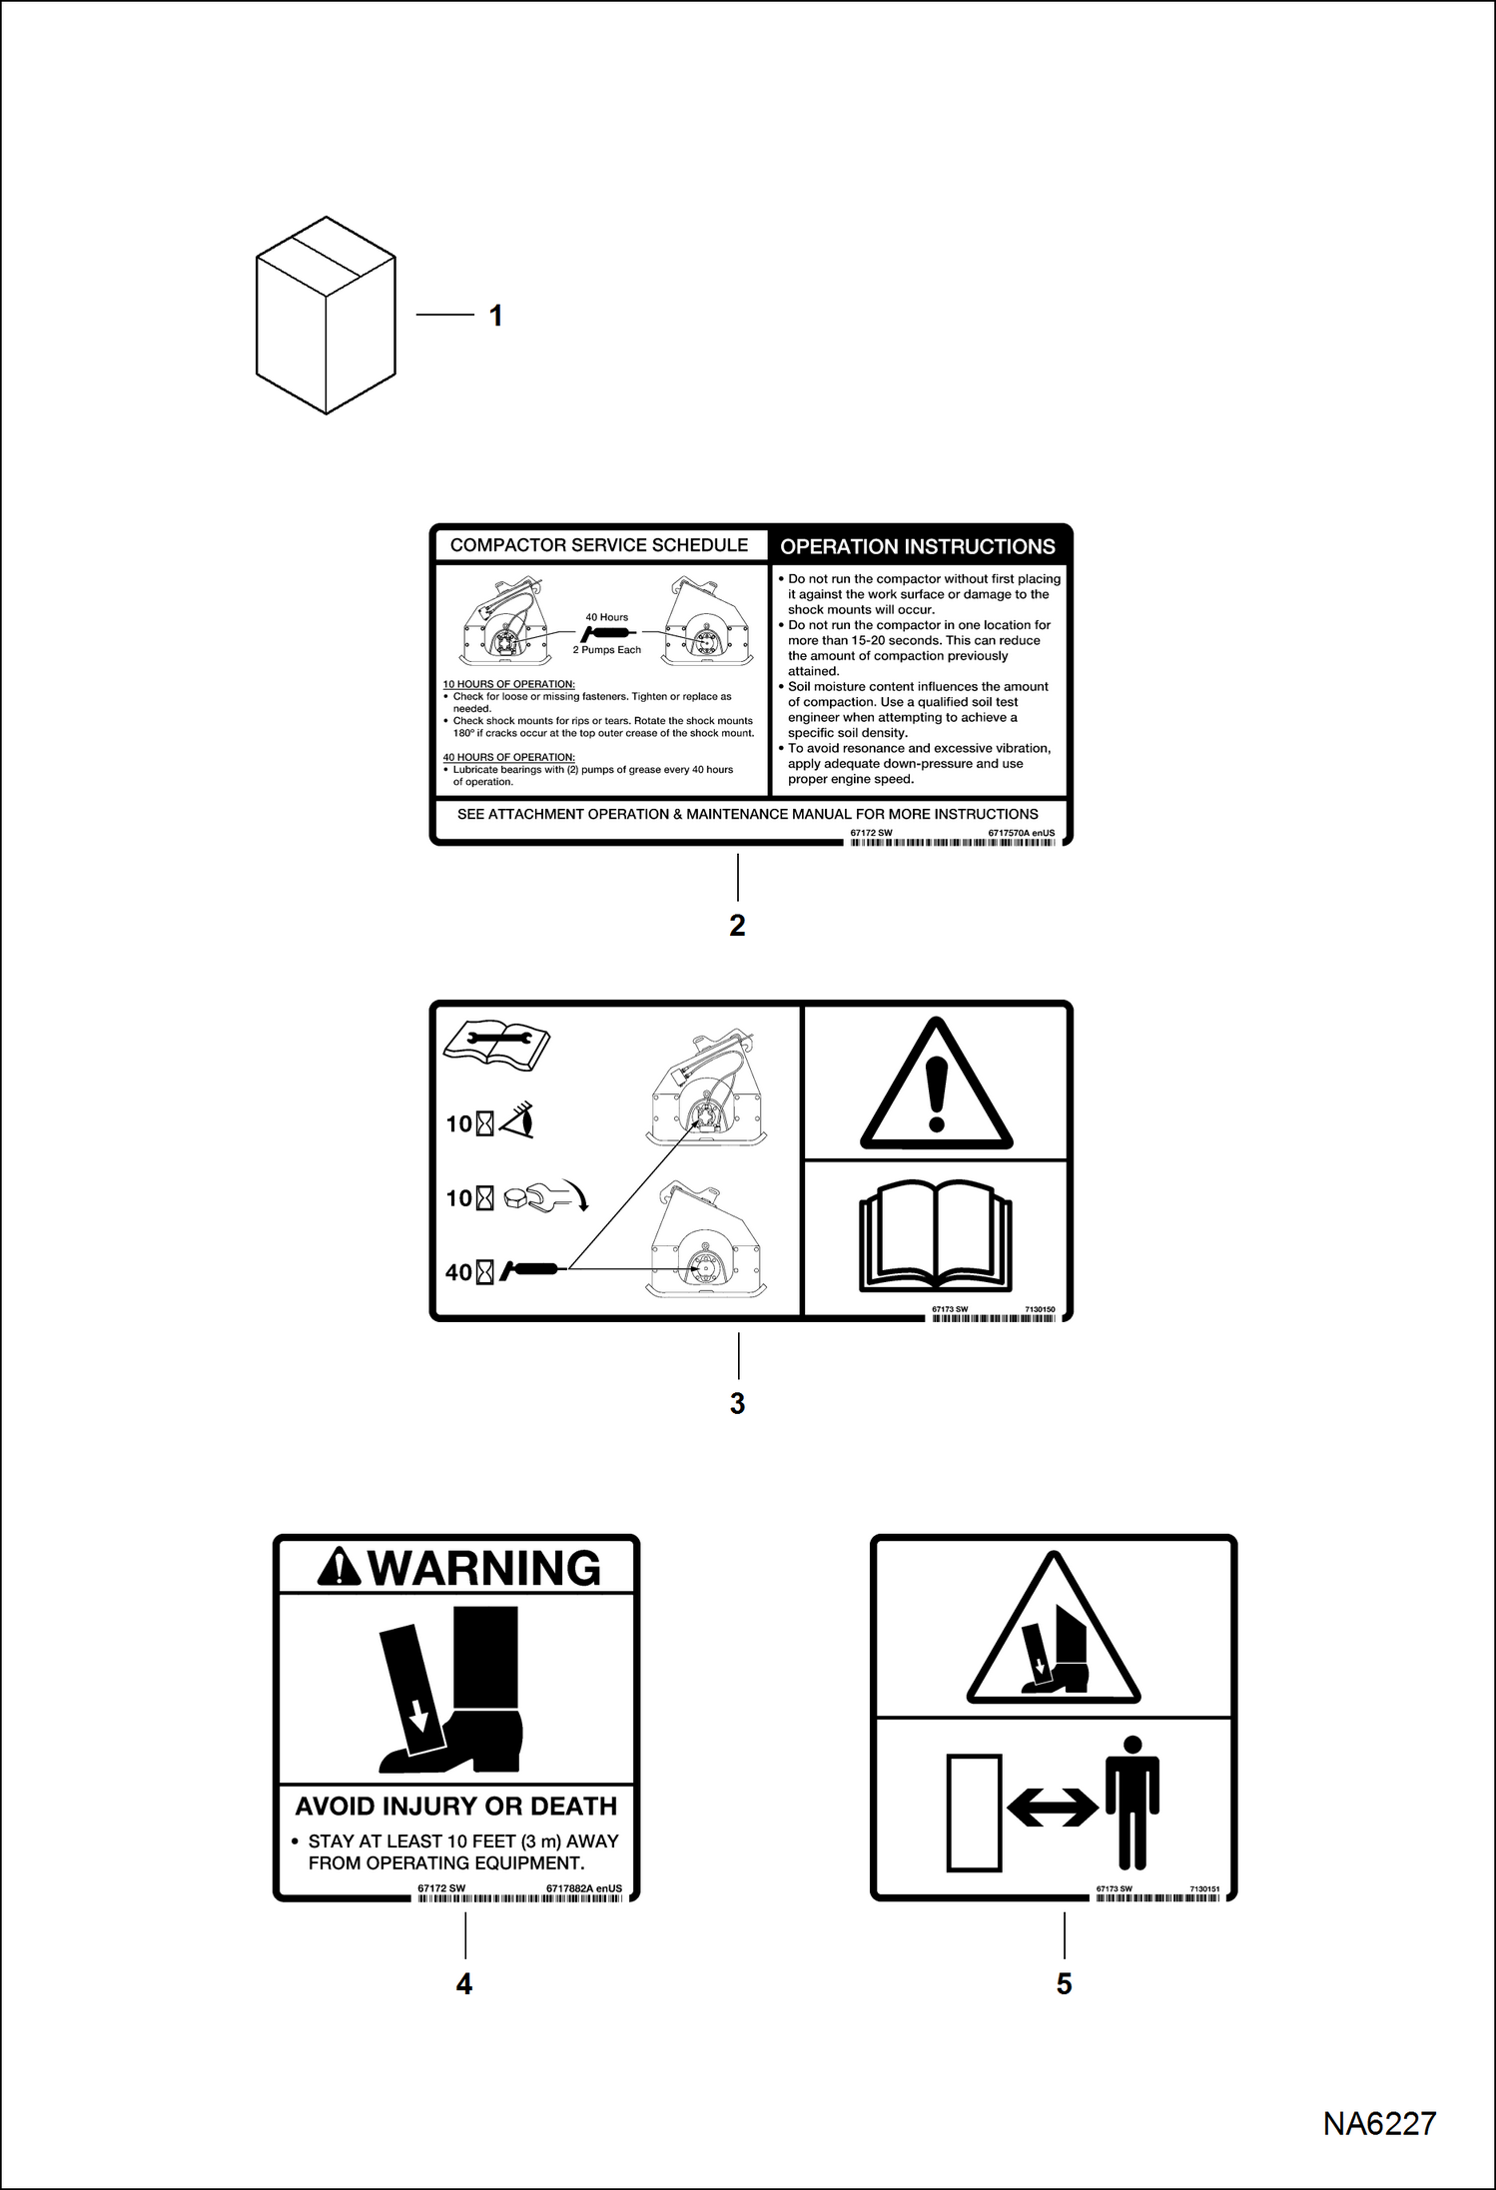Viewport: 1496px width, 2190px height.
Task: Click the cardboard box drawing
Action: [326, 316]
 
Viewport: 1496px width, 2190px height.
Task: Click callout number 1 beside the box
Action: [495, 316]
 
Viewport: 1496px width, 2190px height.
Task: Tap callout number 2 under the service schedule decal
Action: [737, 926]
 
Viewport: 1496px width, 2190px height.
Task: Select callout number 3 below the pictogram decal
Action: [737, 1403]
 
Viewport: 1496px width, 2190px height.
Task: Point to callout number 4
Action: [464, 1982]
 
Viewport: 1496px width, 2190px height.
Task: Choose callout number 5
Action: [1064, 1982]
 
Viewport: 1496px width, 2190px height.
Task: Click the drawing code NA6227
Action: [1379, 2123]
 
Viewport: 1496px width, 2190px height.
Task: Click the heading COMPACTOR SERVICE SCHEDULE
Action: [599, 545]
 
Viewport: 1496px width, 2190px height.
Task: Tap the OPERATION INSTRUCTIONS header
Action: [917, 547]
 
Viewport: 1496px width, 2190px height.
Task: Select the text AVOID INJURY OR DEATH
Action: [456, 1806]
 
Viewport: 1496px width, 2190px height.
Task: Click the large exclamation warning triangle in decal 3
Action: [936, 1087]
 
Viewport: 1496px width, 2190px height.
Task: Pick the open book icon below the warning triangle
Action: [936, 1237]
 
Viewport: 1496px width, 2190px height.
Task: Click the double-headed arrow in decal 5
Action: [1052, 1807]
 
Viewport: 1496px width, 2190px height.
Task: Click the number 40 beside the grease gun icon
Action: [458, 1272]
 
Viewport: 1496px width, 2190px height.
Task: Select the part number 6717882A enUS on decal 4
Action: [584, 1888]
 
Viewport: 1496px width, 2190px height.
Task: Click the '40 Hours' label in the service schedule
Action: [607, 617]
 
